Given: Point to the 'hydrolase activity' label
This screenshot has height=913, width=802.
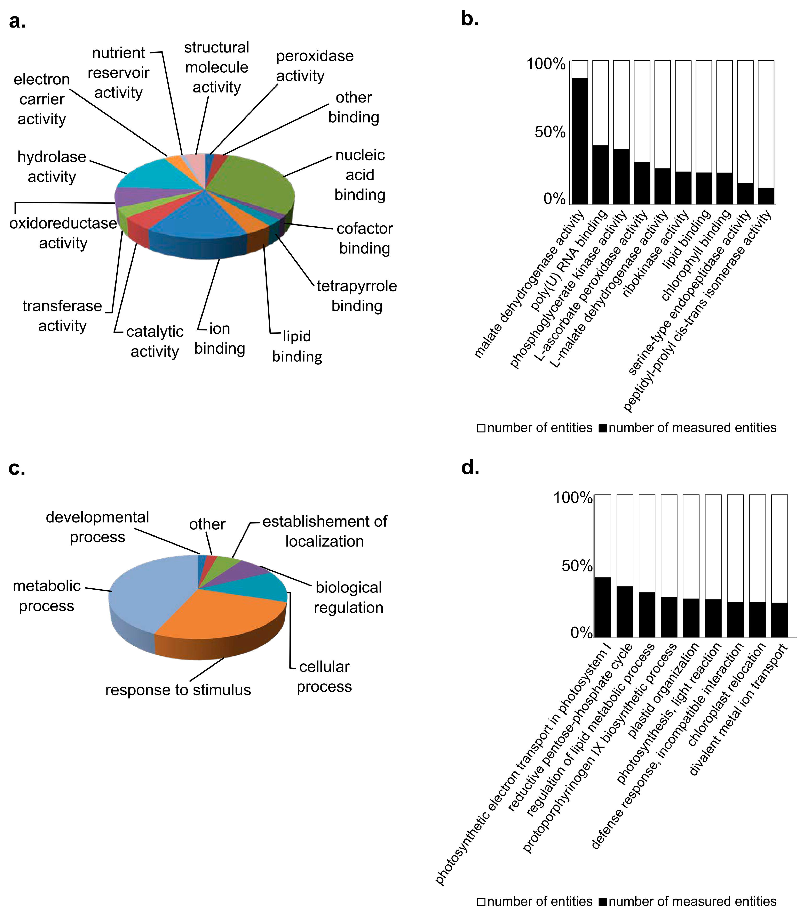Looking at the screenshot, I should (x=52, y=167).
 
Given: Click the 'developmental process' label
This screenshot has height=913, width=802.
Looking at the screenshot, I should (x=97, y=527).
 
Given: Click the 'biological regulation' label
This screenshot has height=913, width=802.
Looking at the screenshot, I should (x=348, y=597).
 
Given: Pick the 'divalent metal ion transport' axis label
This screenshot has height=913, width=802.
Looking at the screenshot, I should (x=739, y=710).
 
